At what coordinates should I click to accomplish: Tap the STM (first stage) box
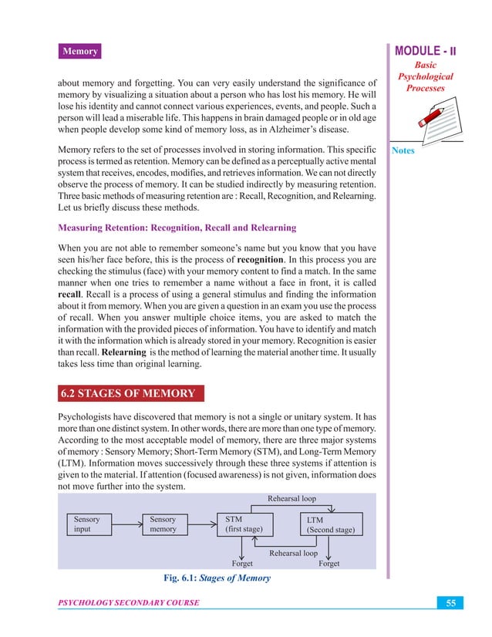(244, 524)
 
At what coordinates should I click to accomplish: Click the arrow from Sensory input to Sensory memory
(128, 524)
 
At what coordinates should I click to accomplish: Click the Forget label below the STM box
(243, 564)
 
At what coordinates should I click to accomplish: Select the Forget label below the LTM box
(329, 564)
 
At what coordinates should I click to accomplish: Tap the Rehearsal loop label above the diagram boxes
(291, 498)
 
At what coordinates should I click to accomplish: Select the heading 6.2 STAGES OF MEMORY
(127, 394)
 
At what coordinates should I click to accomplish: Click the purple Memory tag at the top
(80, 52)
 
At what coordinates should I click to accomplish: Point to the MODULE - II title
(426, 52)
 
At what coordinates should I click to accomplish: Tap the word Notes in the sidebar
(403, 150)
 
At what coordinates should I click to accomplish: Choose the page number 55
(452, 602)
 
